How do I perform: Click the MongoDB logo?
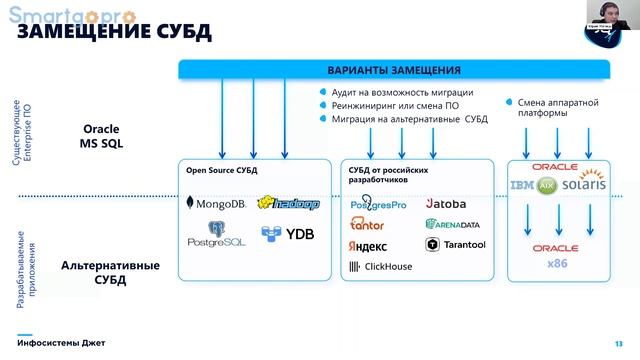(x=215, y=204)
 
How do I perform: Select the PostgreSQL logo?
(x=216, y=237)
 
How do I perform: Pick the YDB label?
(x=287, y=235)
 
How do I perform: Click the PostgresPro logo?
(x=378, y=203)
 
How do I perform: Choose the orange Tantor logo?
(x=367, y=224)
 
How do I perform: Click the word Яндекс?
(x=367, y=245)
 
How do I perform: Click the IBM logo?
(x=525, y=186)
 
